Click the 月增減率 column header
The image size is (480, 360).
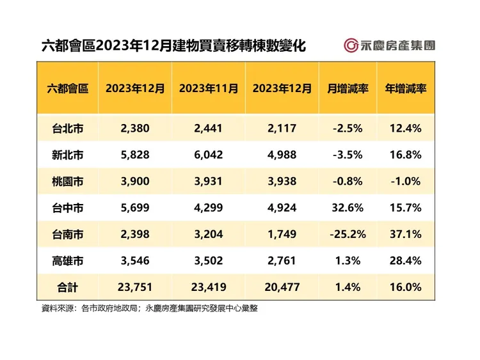pos(348,88)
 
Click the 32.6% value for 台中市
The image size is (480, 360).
pos(348,208)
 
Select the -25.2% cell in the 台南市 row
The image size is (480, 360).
pos(348,234)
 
